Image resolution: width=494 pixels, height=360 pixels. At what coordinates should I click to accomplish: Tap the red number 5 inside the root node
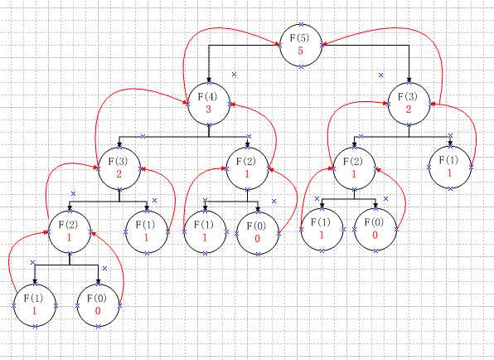(x=300, y=51)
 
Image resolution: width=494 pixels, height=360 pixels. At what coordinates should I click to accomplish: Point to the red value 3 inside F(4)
(x=208, y=109)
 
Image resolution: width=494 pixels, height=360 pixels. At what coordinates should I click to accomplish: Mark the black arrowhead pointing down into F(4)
(x=209, y=80)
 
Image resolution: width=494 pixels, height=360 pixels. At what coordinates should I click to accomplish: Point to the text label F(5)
(x=299, y=38)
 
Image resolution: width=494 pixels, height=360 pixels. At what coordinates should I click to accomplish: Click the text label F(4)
(x=207, y=97)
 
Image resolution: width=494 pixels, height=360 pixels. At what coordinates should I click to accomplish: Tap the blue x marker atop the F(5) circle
(x=302, y=24)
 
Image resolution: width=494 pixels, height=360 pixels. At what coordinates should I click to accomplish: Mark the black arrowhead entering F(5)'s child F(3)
(x=409, y=80)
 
